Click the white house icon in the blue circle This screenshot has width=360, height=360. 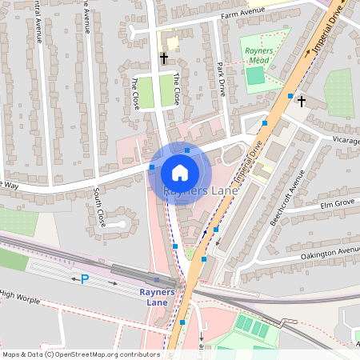[x=180, y=172]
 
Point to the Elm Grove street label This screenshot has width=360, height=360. [x=336, y=206]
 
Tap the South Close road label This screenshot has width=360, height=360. [x=100, y=206]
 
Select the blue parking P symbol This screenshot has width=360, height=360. [x=84, y=278]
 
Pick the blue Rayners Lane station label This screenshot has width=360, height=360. [x=157, y=298]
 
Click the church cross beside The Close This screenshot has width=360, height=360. [x=164, y=58]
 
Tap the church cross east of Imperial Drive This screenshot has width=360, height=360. [x=302, y=101]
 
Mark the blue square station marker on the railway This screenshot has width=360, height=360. [x=157, y=281]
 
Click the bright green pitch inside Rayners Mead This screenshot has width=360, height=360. [x=254, y=76]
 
